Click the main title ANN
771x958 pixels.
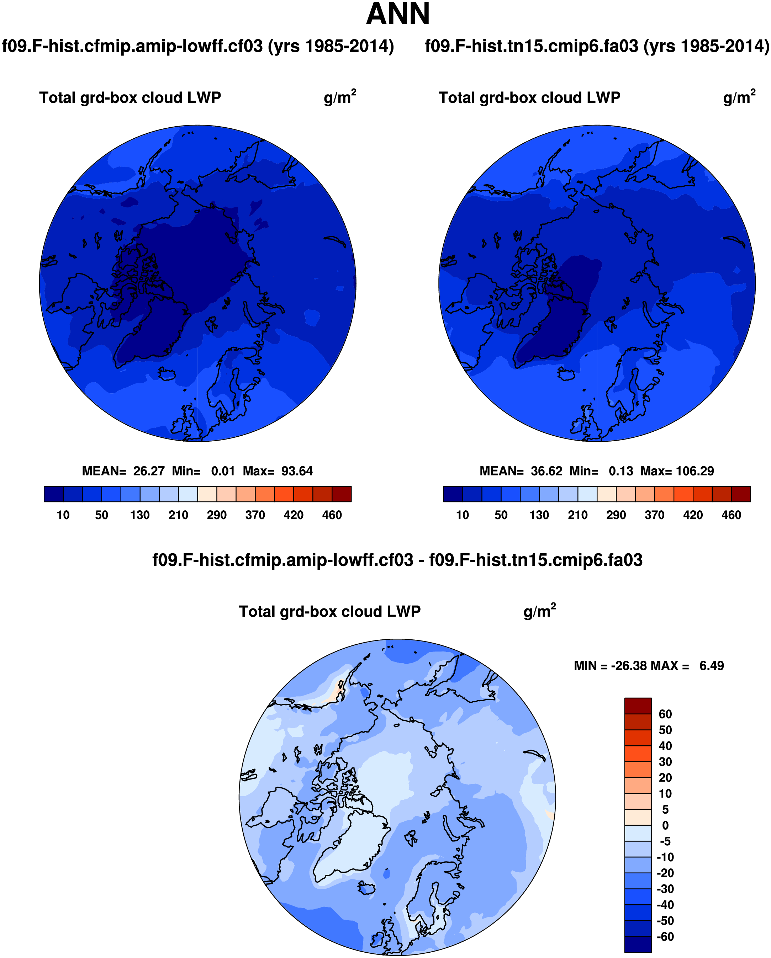tap(397, 14)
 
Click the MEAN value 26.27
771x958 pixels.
tap(148, 471)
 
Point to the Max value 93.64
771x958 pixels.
tap(297, 471)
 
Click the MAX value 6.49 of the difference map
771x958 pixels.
tap(712, 666)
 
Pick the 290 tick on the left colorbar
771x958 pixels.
tap(217, 515)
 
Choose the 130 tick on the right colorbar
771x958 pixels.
tap(539, 515)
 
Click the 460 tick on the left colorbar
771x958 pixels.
tap(332, 515)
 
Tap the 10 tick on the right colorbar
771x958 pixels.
tap(463, 515)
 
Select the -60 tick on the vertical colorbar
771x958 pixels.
tap(665, 937)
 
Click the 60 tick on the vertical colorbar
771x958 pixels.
tap(665, 714)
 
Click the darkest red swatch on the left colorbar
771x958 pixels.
tap(342, 494)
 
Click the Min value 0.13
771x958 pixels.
tap(621, 471)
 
